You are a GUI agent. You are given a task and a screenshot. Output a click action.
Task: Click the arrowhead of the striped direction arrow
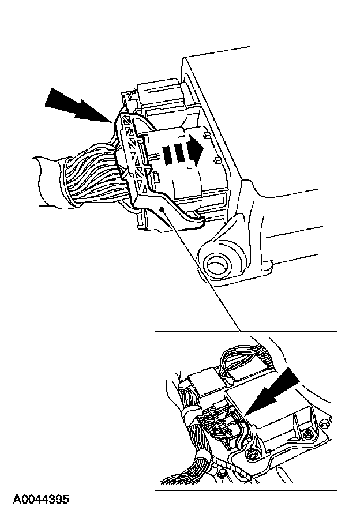tap(197, 152)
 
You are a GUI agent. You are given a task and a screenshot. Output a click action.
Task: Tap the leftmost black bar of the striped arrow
tap(167, 154)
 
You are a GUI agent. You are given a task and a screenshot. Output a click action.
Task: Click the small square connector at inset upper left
tap(201, 382)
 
